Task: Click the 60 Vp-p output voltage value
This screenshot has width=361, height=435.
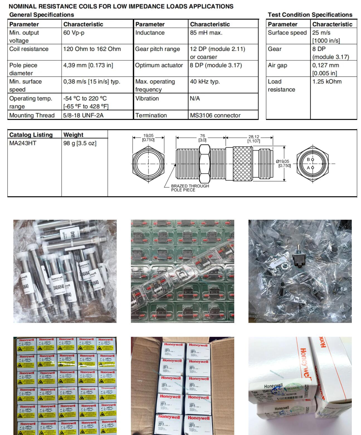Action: [74, 33]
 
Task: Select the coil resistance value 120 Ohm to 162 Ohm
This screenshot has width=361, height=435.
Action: [92, 49]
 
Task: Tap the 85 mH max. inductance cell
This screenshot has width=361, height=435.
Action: [206, 33]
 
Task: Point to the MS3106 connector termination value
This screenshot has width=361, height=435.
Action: [215, 115]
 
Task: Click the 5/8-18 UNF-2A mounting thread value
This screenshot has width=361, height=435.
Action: [83, 115]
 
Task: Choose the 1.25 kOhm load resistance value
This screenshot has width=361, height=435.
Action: [327, 82]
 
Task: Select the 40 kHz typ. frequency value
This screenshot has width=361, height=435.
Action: [205, 82]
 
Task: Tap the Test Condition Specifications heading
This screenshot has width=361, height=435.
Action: [310, 15]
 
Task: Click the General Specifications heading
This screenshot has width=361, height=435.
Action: [42, 15]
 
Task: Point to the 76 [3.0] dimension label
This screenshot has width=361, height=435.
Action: [202, 138]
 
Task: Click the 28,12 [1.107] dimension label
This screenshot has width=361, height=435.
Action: [253, 139]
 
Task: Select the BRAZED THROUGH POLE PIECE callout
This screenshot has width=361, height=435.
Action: [190, 188]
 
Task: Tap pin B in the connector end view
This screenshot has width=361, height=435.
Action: [312, 160]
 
